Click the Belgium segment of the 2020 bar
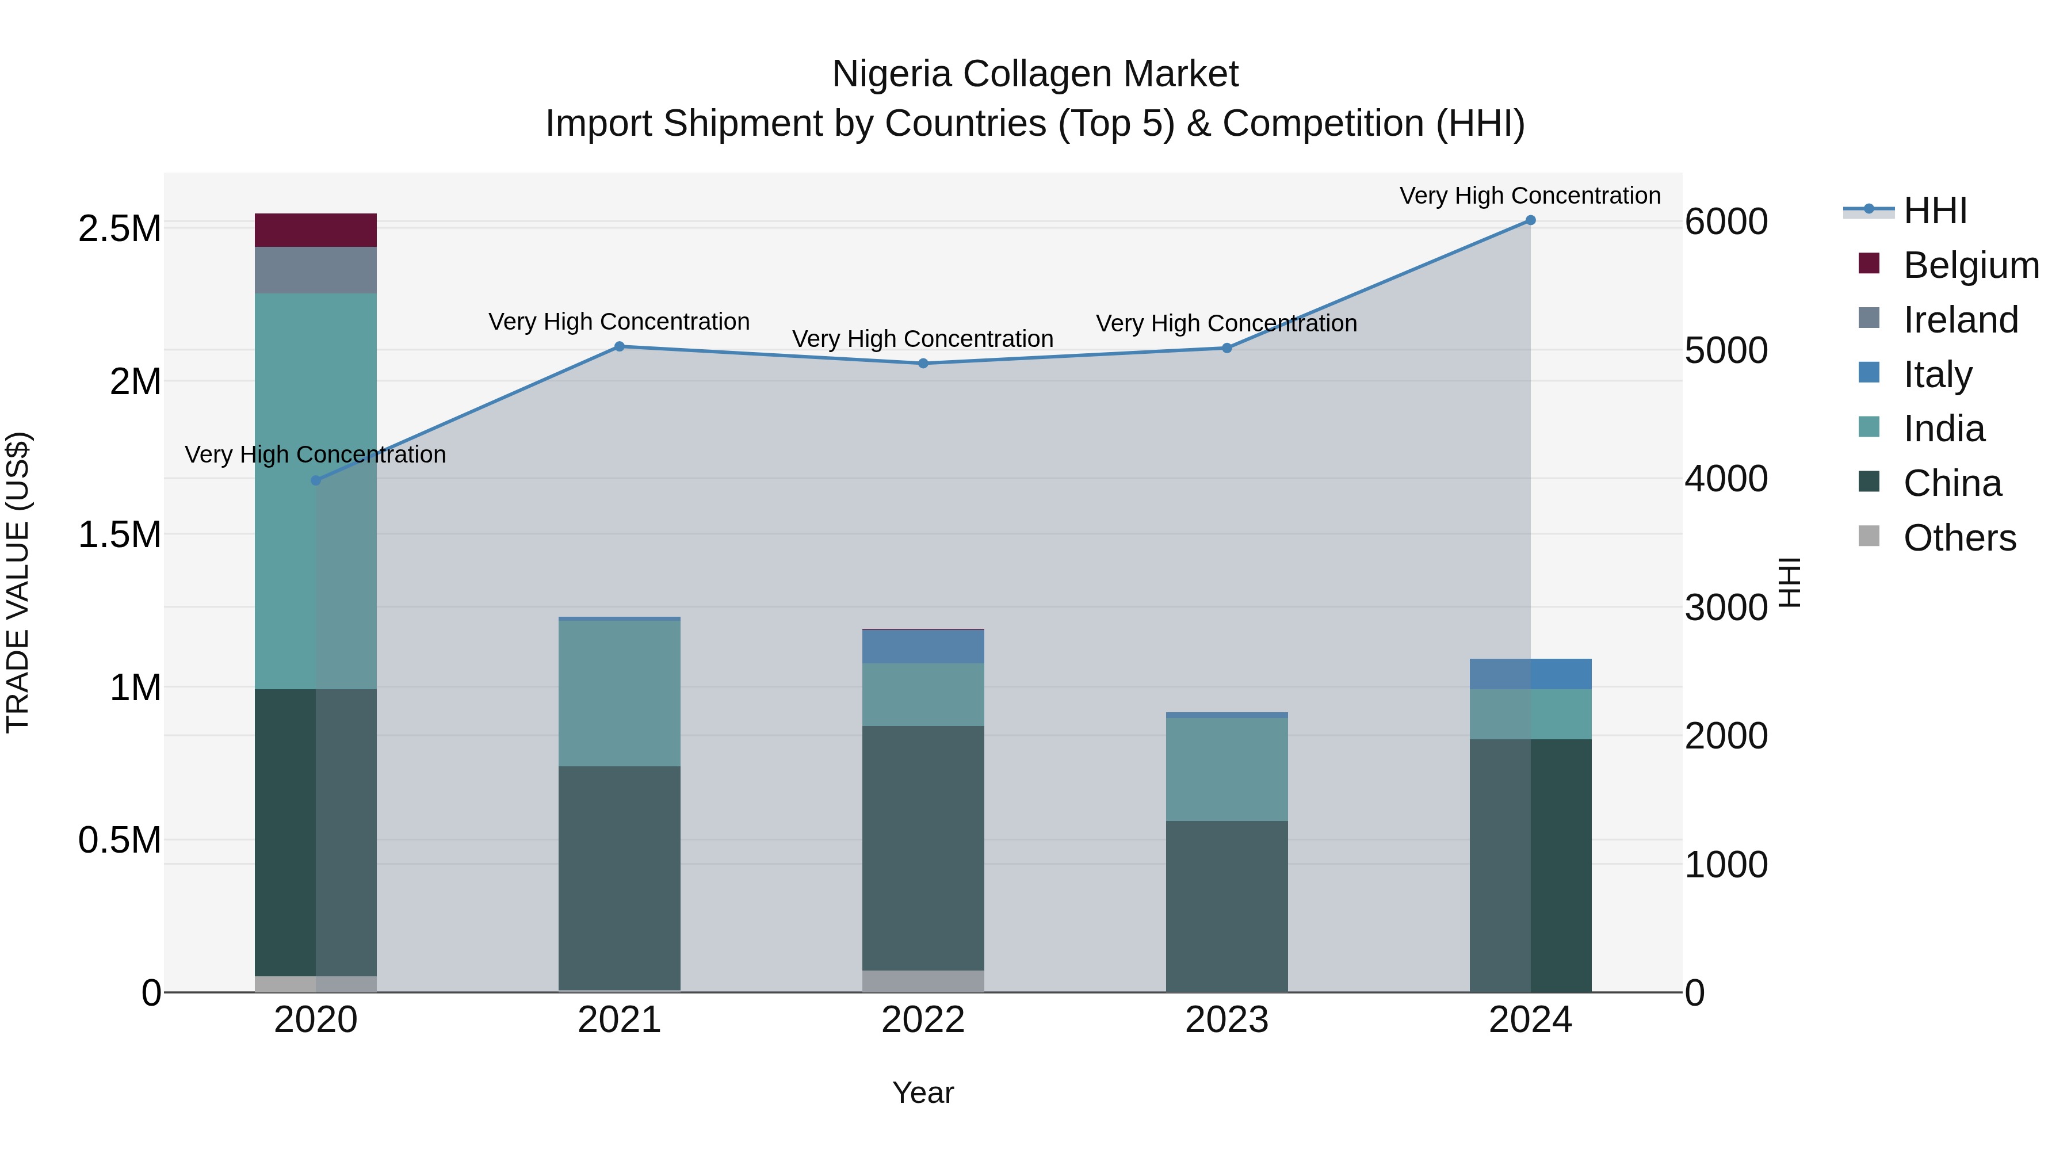pyautogui.click(x=315, y=230)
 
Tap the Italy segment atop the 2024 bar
pyautogui.click(x=1530, y=674)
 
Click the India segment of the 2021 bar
pyautogui.click(x=619, y=693)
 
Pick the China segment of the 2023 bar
pyautogui.click(x=1226, y=906)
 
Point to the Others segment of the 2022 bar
pyautogui.click(x=923, y=981)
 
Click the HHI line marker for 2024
pyautogui.click(x=1530, y=220)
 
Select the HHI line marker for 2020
pyautogui.click(x=315, y=480)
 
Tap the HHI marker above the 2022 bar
pyautogui.click(x=923, y=364)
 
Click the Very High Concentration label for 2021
pyautogui.click(x=619, y=322)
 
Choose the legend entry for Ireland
pyautogui.click(x=1960, y=320)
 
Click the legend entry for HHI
pyautogui.click(x=1934, y=211)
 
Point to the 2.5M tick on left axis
pyautogui.click(x=119, y=229)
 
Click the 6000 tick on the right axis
pyautogui.click(x=1725, y=222)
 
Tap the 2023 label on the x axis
pyautogui.click(x=1226, y=1020)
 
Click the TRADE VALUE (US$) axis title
pyautogui.click(x=18, y=582)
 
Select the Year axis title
pyautogui.click(x=922, y=1093)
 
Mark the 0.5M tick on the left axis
pyautogui.click(x=119, y=840)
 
